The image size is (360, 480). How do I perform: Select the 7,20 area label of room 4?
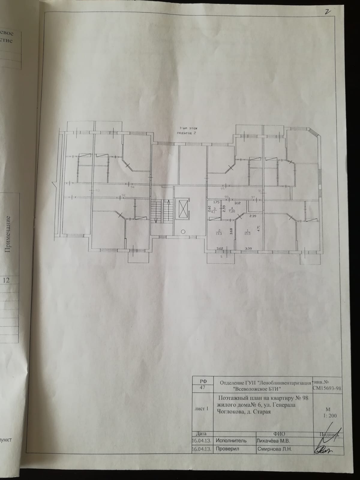[232, 211]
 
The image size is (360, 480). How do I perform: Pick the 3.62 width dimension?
[220, 248]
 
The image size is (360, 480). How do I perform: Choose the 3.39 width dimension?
[248, 248]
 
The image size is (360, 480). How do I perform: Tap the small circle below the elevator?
[183, 231]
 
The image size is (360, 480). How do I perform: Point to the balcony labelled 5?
[221, 257]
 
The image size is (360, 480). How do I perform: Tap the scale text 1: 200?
[330, 415]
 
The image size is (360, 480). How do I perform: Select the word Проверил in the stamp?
[227, 449]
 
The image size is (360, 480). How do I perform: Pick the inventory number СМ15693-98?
[326, 388]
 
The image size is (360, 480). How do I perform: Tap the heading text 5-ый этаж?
[186, 127]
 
